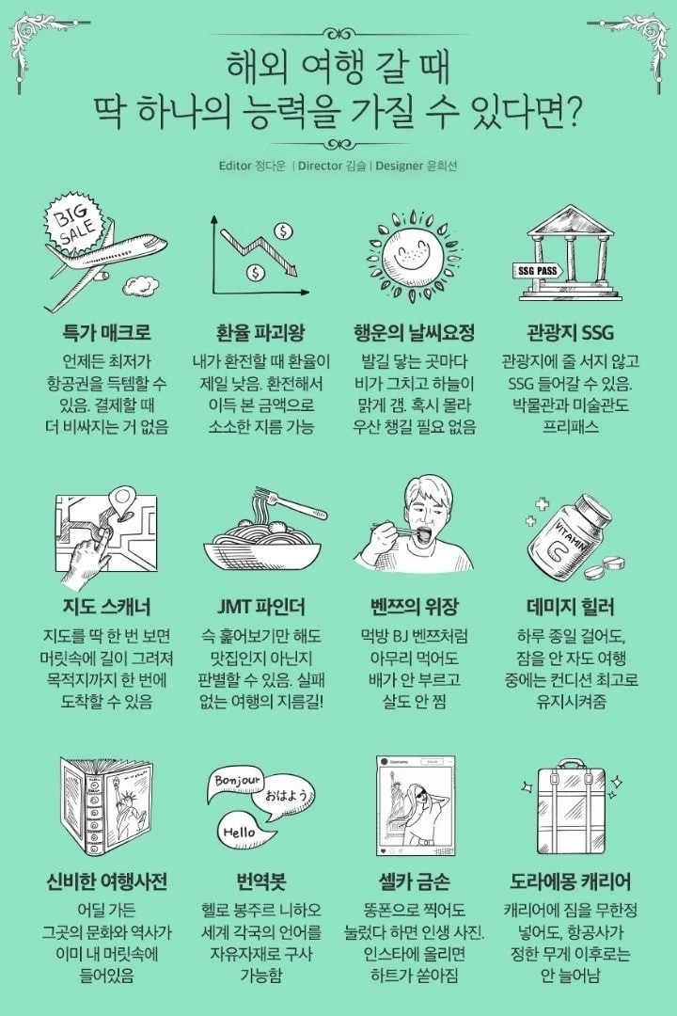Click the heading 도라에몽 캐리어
coord(570,881)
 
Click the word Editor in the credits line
coord(234,166)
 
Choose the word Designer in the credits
coord(403,166)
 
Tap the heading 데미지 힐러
coord(570,605)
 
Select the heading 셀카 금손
coord(415,881)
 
